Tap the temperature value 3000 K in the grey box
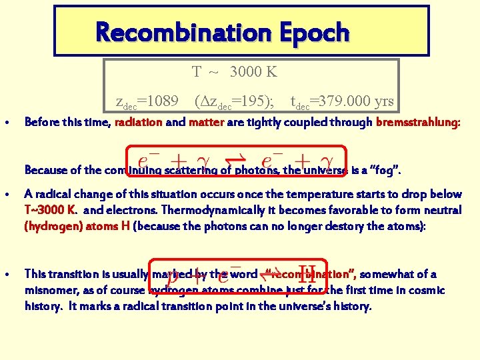(253, 71)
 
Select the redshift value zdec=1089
(147, 101)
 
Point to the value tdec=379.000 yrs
(341, 101)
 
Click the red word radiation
(139, 122)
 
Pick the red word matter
(206, 122)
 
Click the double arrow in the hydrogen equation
(274, 274)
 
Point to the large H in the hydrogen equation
(306, 273)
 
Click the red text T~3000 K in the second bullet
(49, 210)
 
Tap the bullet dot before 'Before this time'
(6, 123)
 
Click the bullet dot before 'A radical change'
(6, 195)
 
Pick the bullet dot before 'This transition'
(6, 275)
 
